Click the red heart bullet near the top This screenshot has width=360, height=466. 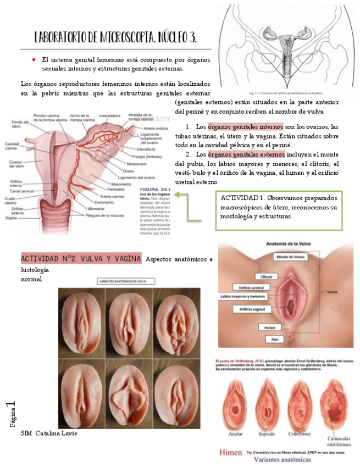pos(34,59)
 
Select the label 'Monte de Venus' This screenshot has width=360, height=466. pos(291,257)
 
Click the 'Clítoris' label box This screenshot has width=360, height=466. pos(266,276)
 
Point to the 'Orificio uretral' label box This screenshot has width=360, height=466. pos(248,286)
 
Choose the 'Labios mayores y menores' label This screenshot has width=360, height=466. pos(242,297)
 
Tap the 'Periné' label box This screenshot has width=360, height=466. pos(270,328)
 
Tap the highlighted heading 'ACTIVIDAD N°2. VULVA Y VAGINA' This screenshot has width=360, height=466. pos(81,259)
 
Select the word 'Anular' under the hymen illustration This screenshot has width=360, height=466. pos(237,434)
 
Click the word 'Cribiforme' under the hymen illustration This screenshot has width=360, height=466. pos(302,434)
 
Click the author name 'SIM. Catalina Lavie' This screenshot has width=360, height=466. pos(49,434)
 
